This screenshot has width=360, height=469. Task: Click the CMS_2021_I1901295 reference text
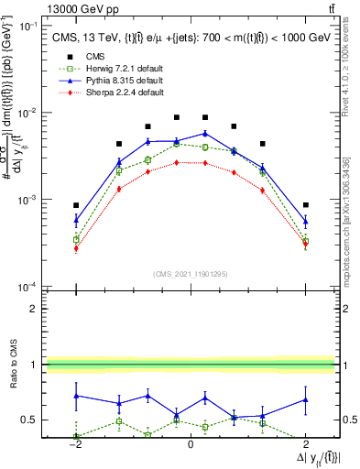tap(190, 274)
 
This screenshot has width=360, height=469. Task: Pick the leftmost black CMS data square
tap(76, 205)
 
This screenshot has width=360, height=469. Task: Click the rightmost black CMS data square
tap(305, 205)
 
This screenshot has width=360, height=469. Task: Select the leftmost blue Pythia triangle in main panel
tap(76, 220)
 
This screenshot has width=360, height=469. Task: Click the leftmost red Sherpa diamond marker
tap(76, 248)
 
